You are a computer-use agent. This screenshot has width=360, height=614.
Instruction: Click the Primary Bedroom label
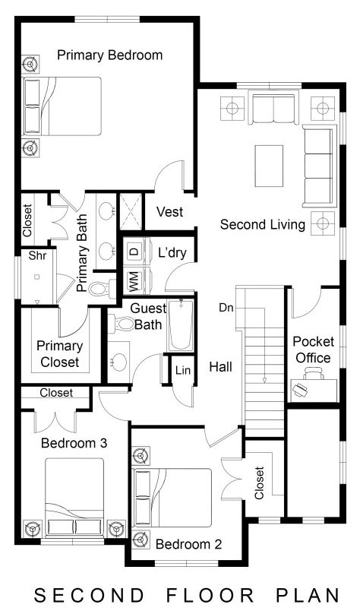[109, 55]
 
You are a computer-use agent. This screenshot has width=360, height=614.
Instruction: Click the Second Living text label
[262, 225]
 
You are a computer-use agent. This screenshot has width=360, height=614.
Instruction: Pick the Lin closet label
[182, 370]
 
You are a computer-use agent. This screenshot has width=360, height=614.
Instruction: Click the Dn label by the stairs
[226, 308]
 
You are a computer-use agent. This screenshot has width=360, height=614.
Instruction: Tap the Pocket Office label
[312, 349]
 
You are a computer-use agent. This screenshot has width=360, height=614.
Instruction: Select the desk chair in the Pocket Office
[301, 388]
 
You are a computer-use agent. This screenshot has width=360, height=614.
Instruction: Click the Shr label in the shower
[38, 256]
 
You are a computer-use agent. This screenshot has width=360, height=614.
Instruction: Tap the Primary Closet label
[58, 353]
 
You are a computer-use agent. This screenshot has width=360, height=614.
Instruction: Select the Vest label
[169, 212]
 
